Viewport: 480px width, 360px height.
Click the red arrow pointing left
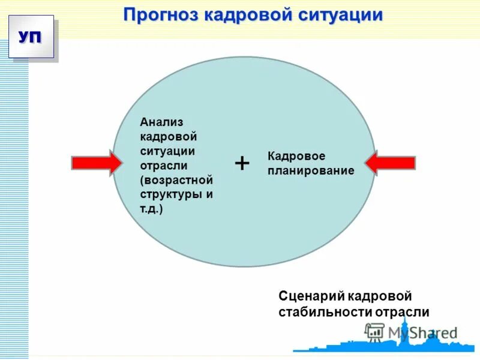pyautogui.click(x=390, y=163)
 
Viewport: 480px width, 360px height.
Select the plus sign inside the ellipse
pyautogui.click(x=242, y=163)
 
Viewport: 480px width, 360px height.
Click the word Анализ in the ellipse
pyautogui.click(x=161, y=122)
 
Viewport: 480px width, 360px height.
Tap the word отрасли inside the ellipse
pyautogui.click(x=164, y=165)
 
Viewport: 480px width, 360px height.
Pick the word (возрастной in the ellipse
pyautogui.click(x=176, y=180)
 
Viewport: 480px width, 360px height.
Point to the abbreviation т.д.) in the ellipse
pyautogui.click(x=152, y=209)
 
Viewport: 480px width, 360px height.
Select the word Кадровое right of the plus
pyautogui.click(x=296, y=156)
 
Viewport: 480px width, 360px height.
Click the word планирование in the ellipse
pyautogui.click(x=311, y=171)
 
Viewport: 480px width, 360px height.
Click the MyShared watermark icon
pyautogui.click(x=374, y=331)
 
